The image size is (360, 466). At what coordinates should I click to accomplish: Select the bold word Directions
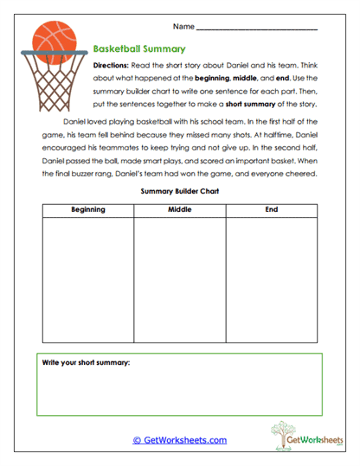112,66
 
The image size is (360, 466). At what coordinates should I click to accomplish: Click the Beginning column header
87,209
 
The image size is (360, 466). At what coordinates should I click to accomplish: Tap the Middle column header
179,209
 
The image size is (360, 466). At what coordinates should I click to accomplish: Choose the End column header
272,209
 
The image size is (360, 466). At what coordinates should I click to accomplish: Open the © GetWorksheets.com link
179,440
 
